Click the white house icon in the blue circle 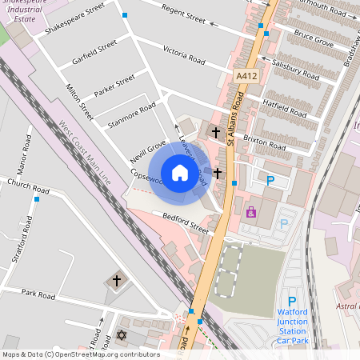pyautogui.click(x=180, y=173)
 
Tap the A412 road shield pyautogui.click(x=246, y=76)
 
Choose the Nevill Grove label pyautogui.click(x=147, y=152)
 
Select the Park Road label pyautogui.click(x=38, y=295)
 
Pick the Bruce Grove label pyautogui.click(x=312, y=38)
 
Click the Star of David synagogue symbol pyautogui.click(x=122, y=334)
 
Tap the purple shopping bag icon pyautogui.click(x=251, y=212)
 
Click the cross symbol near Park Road pyautogui.click(x=117, y=281)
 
